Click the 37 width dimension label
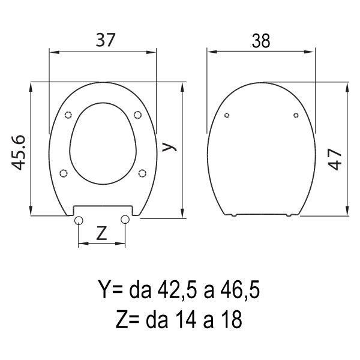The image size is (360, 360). (x=106, y=40)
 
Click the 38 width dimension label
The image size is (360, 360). (x=261, y=41)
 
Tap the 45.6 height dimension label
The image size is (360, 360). (x=18, y=152)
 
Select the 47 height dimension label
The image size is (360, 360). (x=335, y=159)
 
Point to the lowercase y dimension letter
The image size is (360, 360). (x=169, y=147)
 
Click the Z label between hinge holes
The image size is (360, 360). (x=101, y=233)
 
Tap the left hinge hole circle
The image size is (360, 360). (x=79, y=220)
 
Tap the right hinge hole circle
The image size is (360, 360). (x=125, y=220)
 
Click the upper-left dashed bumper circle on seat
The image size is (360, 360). (x=68, y=115)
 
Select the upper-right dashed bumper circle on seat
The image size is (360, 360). (x=137, y=115)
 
